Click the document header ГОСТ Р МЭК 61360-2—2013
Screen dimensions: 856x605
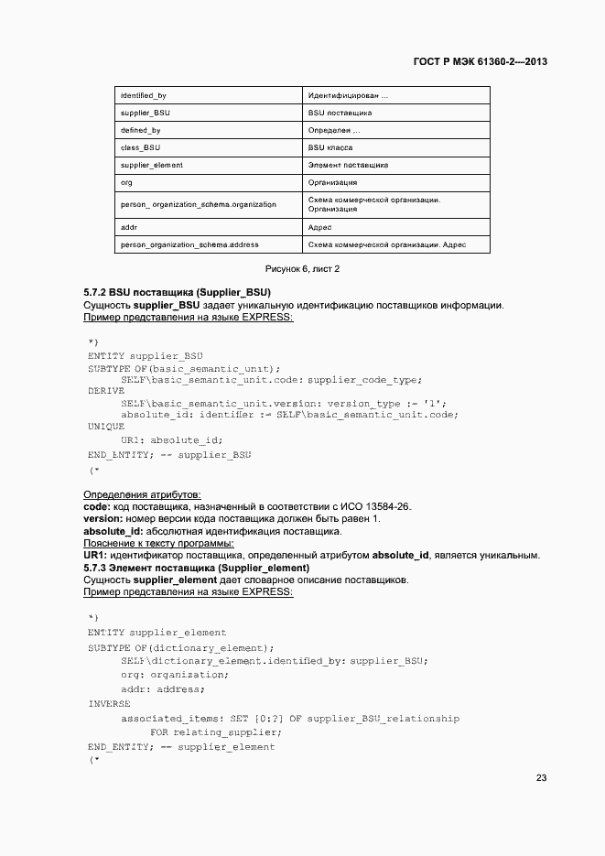(474, 62)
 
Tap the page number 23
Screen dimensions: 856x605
(541, 778)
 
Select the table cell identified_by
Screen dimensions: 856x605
(143, 95)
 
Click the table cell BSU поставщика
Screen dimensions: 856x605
(340, 113)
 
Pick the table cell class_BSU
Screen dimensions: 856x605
(141, 147)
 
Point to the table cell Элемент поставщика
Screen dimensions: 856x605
(348, 165)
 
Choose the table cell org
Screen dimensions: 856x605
(126, 182)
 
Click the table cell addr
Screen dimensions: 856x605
(129, 226)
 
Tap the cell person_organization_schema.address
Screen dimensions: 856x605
(189, 244)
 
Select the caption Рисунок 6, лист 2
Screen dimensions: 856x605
(302, 269)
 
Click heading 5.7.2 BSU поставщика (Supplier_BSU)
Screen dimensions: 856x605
(177, 292)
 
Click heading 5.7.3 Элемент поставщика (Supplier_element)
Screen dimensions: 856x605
(196, 568)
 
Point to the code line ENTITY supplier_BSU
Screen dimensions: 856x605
(145, 355)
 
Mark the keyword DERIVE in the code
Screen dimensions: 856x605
(106, 391)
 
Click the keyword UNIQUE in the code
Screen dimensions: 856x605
(106, 427)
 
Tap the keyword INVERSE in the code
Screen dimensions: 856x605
(109, 704)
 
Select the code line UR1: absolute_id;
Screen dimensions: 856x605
(171, 439)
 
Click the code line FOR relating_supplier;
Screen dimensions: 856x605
(215, 732)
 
